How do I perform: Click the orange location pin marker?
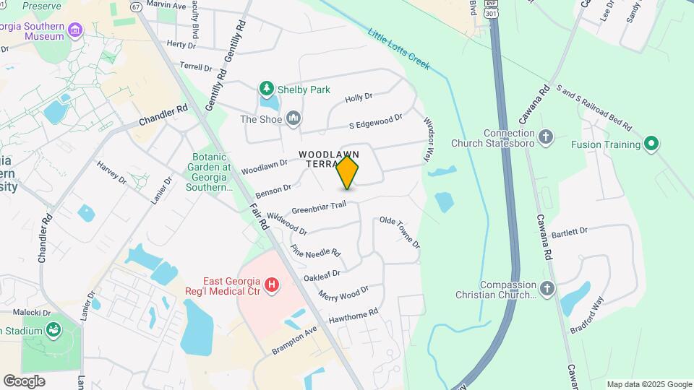pyautogui.click(x=348, y=173)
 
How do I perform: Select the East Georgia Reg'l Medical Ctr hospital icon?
pyautogui.click(x=272, y=285)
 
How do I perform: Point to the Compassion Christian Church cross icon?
pyautogui.click(x=547, y=289)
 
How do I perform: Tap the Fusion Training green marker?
pyautogui.click(x=651, y=144)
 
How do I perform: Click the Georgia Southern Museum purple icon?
pyautogui.click(x=76, y=30)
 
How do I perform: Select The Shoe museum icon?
pyautogui.click(x=294, y=118)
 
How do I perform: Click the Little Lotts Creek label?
pyautogui.click(x=398, y=48)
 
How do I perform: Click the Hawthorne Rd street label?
pyautogui.click(x=354, y=316)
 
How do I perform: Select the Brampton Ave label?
pyautogui.click(x=295, y=340)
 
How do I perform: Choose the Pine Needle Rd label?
pyautogui.click(x=315, y=251)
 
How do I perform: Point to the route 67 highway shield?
pyautogui.click(x=136, y=6)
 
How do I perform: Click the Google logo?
pyautogui.click(x=24, y=381)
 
